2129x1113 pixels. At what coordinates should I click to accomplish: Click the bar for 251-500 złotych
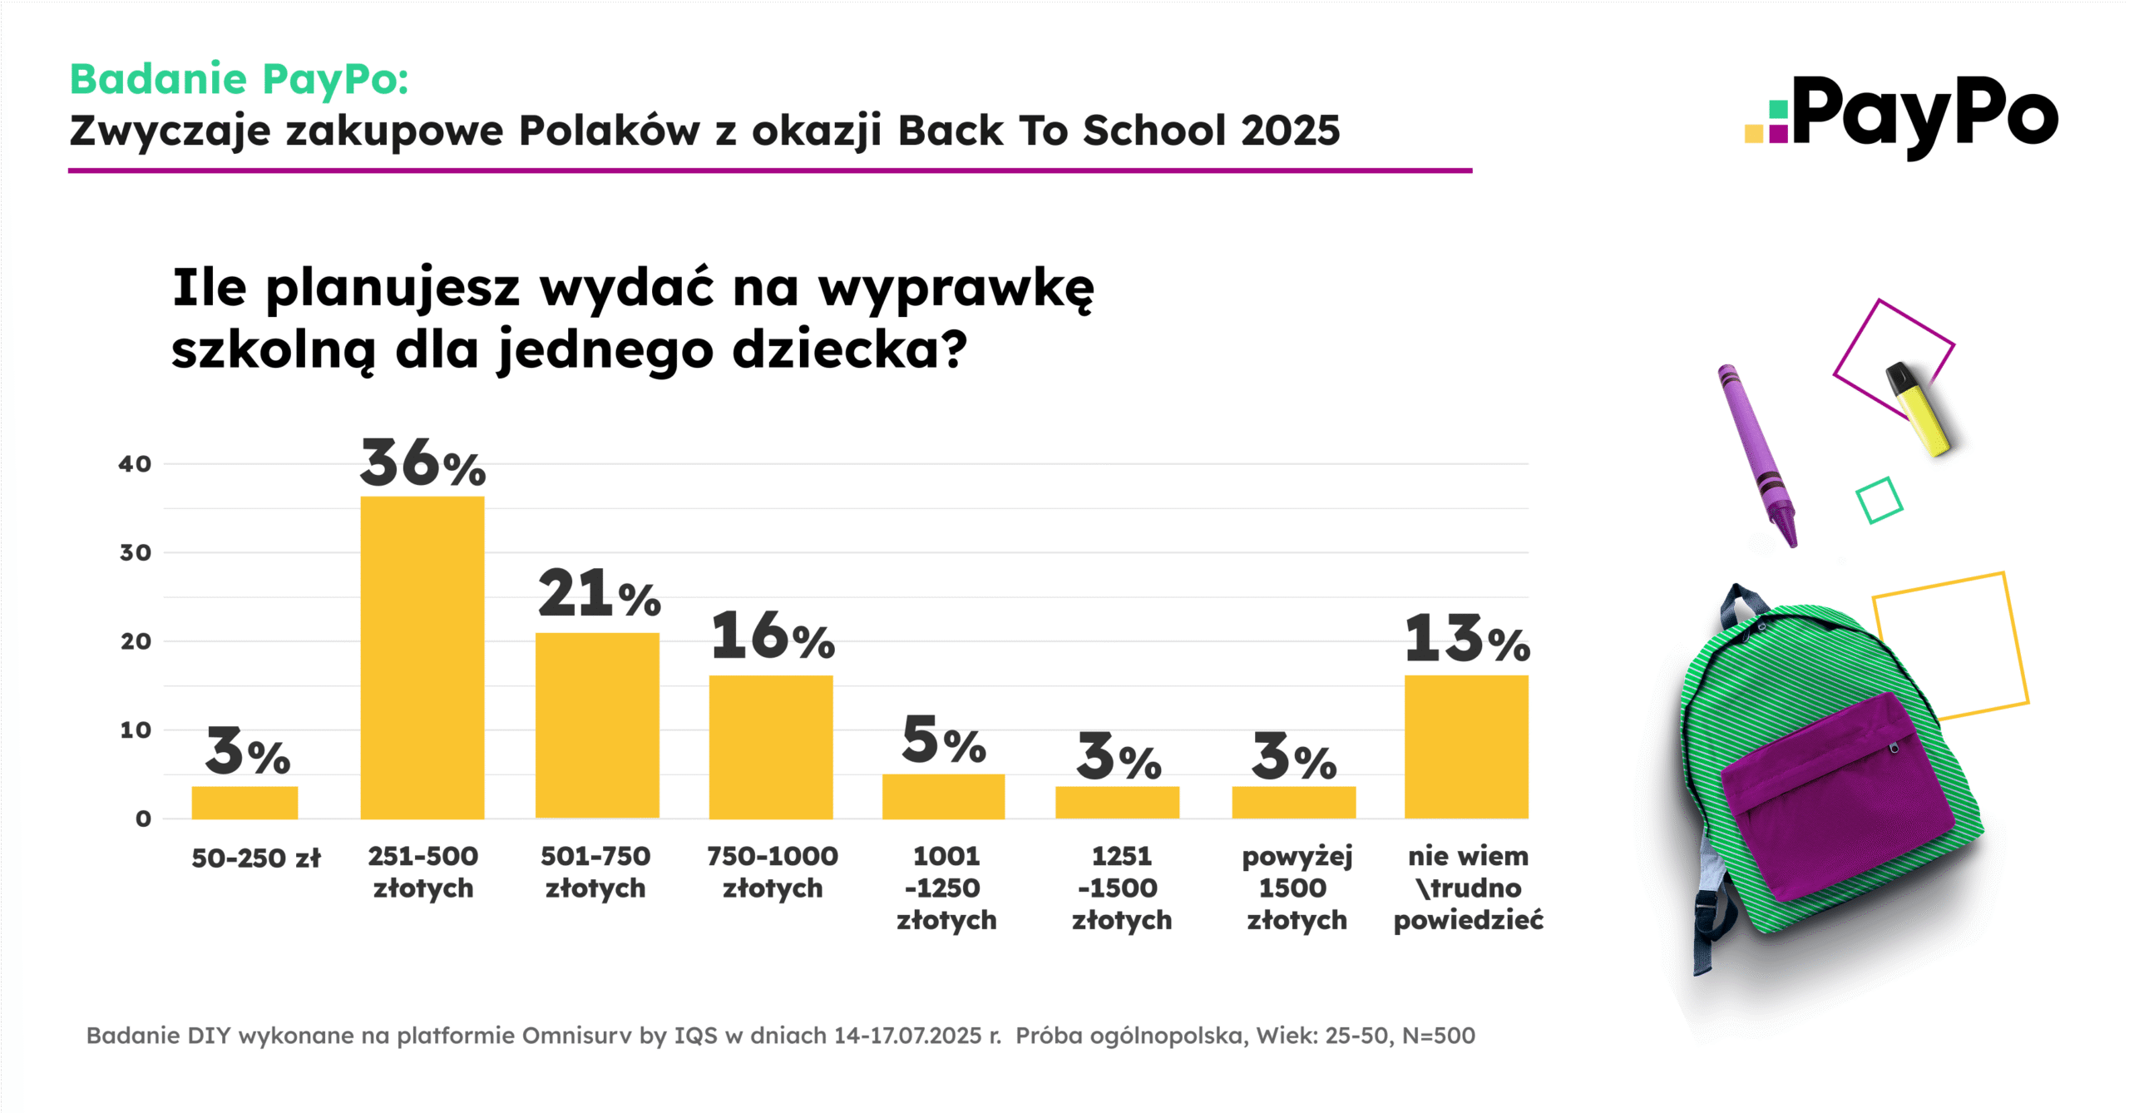(422, 657)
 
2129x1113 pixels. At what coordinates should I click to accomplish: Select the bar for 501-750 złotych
(597, 725)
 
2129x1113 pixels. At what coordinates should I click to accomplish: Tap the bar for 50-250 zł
(245, 802)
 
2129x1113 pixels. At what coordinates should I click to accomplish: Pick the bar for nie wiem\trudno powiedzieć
(1466, 746)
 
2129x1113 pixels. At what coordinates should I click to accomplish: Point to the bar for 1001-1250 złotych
(943, 796)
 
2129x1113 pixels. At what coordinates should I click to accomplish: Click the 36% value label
(422, 464)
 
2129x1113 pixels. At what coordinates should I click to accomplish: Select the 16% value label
(773, 637)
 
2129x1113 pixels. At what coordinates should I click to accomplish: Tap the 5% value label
(943, 740)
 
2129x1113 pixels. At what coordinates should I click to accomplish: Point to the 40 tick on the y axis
(135, 464)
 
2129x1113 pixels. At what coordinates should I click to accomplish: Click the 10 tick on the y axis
(136, 730)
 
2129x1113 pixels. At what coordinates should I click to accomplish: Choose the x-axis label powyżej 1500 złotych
(1296, 888)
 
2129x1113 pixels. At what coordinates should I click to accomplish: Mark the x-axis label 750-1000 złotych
(773, 872)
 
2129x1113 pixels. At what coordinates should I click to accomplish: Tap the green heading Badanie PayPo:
(240, 79)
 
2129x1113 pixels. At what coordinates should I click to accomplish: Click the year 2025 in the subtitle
(1290, 131)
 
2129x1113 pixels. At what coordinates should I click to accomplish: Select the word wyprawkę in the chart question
(956, 289)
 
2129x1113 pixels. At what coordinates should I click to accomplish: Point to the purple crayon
(1757, 453)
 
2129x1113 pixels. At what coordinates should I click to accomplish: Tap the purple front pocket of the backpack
(1838, 794)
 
